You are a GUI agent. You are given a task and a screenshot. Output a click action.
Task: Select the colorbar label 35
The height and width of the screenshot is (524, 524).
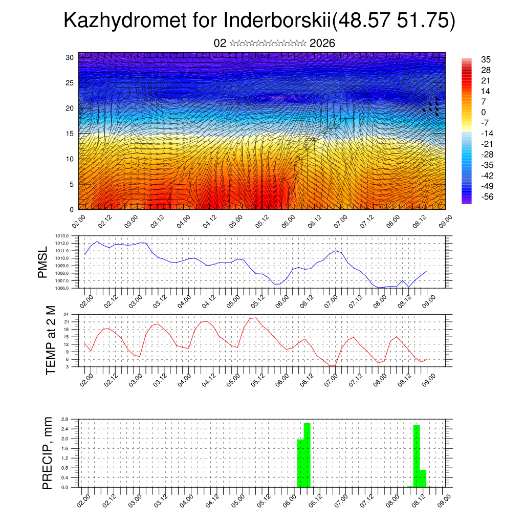486,59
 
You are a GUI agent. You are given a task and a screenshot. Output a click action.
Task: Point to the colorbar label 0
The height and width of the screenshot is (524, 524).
484,112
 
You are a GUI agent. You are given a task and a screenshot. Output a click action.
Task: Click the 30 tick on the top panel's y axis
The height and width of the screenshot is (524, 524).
70,57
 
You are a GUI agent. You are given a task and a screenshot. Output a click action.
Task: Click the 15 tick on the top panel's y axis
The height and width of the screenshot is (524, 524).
70,134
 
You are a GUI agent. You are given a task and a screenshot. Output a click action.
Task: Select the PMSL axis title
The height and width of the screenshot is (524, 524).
42,262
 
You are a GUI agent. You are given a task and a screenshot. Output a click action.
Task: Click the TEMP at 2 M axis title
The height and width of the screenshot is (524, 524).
50,340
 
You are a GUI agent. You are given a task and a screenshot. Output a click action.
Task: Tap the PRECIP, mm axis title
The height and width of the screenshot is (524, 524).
47,453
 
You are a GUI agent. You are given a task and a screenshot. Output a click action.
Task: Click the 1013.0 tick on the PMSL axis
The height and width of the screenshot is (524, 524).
62,236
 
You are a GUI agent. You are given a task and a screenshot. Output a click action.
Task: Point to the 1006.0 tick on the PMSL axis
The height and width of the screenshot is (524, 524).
62,288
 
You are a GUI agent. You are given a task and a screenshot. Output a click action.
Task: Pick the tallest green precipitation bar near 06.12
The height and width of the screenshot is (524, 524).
307,455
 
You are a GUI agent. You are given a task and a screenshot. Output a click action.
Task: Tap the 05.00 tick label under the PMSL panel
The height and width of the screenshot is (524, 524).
235,300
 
